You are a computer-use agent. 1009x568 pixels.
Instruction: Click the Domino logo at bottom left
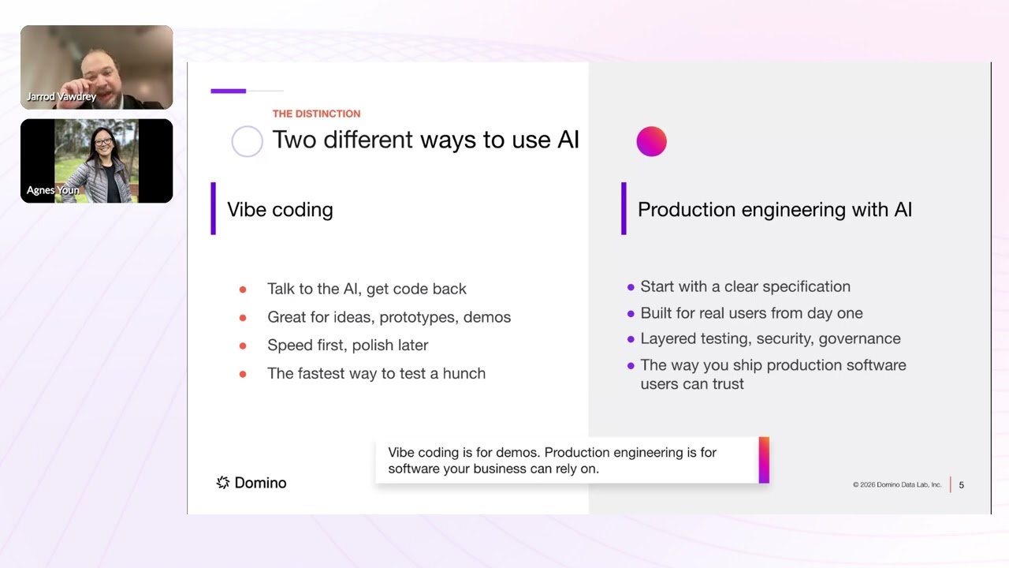[x=251, y=483]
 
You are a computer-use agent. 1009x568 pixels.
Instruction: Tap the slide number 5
[x=961, y=485]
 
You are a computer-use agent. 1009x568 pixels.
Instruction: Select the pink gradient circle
[x=651, y=142]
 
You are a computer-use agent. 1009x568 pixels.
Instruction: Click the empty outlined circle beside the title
[x=247, y=141]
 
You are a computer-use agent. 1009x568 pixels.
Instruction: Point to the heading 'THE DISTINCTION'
[x=316, y=114]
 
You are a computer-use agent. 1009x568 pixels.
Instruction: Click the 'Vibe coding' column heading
[x=280, y=210]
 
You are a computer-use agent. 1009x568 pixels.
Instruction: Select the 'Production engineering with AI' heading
[x=774, y=210]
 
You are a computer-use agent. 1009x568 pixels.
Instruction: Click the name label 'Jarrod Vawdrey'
[x=61, y=97]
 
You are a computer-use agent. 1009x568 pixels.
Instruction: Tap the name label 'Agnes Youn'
[x=53, y=190]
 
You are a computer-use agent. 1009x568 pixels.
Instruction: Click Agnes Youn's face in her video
[x=103, y=143]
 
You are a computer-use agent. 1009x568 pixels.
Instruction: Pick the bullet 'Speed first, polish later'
[x=348, y=346]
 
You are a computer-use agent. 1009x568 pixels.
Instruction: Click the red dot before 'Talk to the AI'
[x=243, y=290]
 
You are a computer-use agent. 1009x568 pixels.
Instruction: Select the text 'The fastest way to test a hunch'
[x=376, y=374]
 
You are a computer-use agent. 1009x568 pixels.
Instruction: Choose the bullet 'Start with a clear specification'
[x=745, y=287]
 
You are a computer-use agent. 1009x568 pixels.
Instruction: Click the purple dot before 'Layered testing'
[x=631, y=339]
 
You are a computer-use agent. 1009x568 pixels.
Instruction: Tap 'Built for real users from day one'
[x=751, y=313]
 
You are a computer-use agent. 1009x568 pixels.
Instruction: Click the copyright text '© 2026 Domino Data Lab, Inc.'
[x=896, y=485]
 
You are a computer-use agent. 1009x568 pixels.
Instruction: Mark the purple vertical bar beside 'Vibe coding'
[x=214, y=209]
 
